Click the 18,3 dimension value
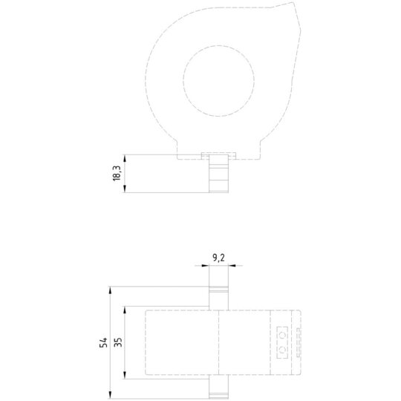117,173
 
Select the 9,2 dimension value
218,258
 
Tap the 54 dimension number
103,342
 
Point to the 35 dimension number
118,342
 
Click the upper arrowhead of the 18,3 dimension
125,158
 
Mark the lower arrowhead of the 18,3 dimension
125,189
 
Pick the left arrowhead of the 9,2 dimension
206,265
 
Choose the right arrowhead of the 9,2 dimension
232,265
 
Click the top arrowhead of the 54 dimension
110,290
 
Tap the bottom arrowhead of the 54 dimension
110,394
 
